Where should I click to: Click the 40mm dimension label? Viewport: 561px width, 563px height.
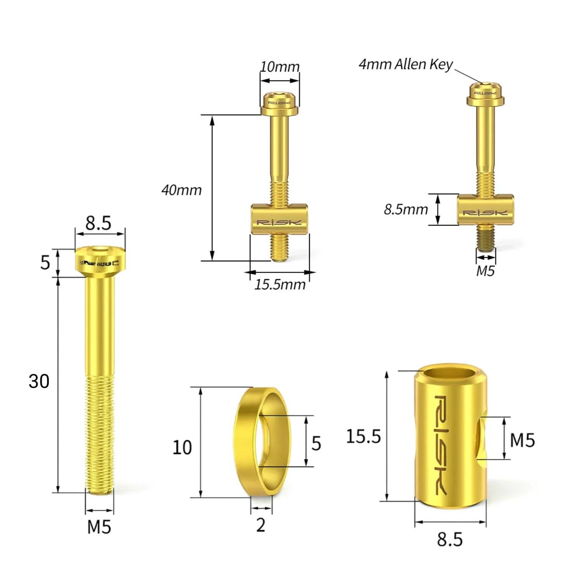[182, 190]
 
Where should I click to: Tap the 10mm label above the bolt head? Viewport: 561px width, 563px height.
[280, 67]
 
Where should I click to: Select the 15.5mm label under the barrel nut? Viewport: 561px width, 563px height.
[280, 285]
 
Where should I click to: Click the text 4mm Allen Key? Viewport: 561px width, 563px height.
[405, 64]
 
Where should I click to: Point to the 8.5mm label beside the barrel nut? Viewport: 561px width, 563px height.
[406, 210]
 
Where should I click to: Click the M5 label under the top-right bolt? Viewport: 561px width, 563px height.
[485, 271]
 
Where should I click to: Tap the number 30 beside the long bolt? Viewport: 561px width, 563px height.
[39, 382]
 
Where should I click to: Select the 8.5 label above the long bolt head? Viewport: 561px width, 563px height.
[99, 223]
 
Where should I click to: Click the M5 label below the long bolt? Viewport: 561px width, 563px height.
[99, 527]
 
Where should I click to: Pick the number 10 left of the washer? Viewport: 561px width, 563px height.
[182, 448]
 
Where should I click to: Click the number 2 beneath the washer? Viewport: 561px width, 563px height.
[261, 525]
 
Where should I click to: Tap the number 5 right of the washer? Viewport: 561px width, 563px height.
[316, 444]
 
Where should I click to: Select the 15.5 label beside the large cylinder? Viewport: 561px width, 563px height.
[363, 437]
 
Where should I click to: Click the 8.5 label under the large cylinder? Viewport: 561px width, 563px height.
[450, 540]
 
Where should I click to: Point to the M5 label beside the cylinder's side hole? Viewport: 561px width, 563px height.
[522, 440]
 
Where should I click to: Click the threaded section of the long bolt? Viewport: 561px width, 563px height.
[100, 434]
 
